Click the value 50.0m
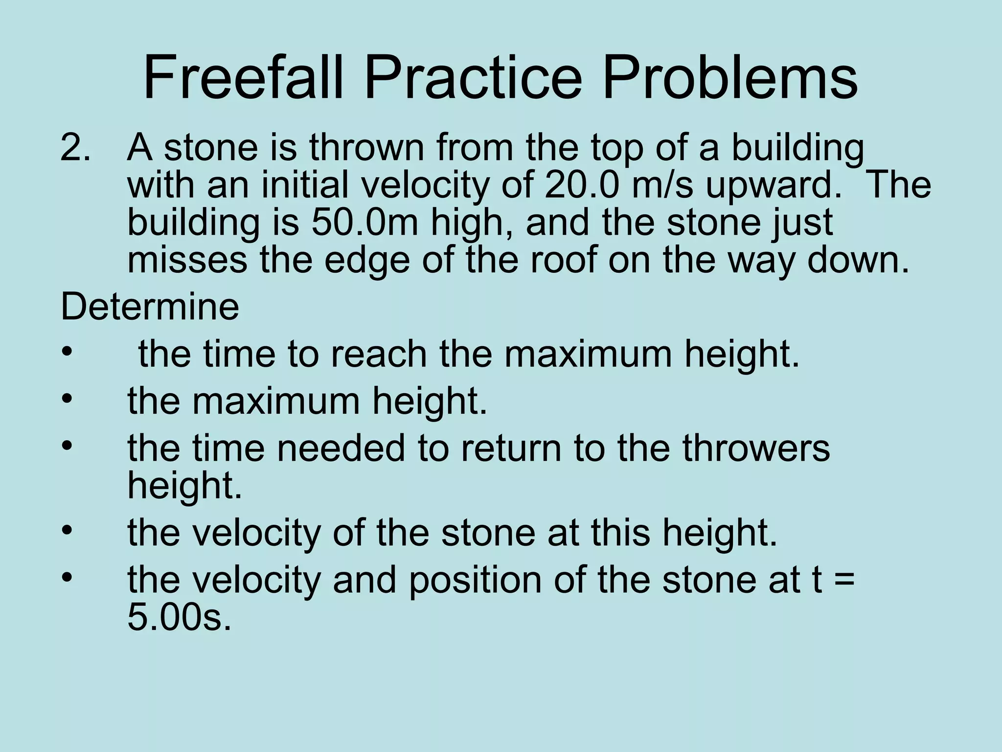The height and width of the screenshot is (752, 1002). [364, 223]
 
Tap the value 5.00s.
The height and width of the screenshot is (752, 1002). [179, 618]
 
